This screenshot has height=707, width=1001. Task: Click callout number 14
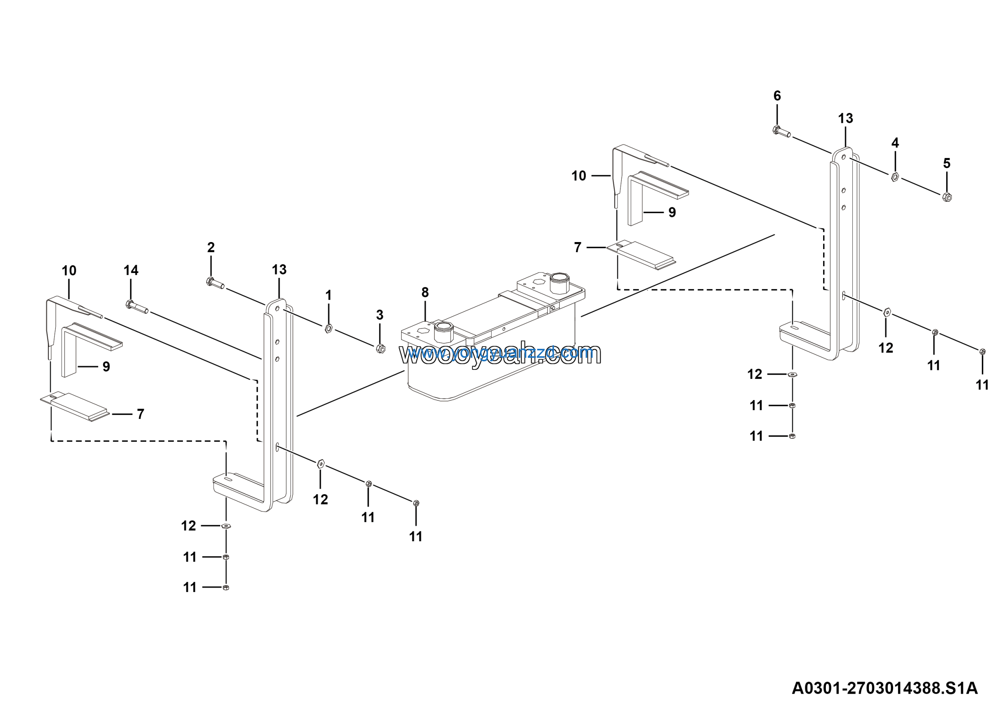pyautogui.click(x=131, y=271)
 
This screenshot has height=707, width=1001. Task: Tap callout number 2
pyautogui.click(x=211, y=248)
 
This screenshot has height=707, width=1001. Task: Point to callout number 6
pyautogui.click(x=777, y=96)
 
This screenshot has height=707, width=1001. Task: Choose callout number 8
pyautogui.click(x=425, y=292)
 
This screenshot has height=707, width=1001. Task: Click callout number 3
pyautogui.click(x=380, y=315)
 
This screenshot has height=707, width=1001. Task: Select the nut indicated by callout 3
pyautogui.click(x=380, y=348)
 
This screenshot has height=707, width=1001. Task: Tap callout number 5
pyautogui.click(x=947, y=163)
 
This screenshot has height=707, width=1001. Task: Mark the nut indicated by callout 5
pyautogui.click(x=947, y=197)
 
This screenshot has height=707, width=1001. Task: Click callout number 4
pyautogui.click(x=895, y=143)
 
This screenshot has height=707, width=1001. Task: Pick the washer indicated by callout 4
pyautogui.click(x=895, y=176)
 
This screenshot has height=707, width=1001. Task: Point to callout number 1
pyautogui.click(x=329, y=296)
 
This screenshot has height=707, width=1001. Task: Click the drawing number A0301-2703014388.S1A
pyautogui.click(x=884, y=688)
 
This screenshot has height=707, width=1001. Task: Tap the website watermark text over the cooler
pyautogui.click(x=500, y=353)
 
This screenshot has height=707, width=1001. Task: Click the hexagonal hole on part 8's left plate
pyautogui.click(x=422, y=331)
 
